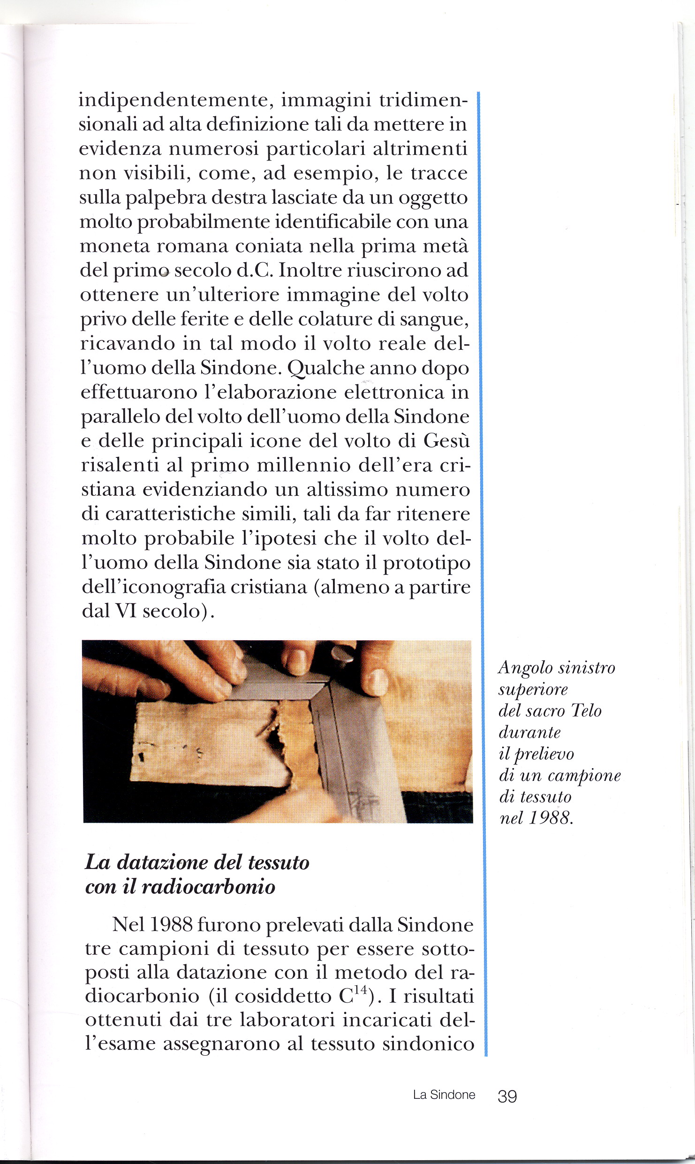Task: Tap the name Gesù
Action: click(x=446, y=441)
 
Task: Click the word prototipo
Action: click(x=427, y=563)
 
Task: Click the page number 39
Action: click(x=507, y=1096)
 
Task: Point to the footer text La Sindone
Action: click(x=444, y=1095)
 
